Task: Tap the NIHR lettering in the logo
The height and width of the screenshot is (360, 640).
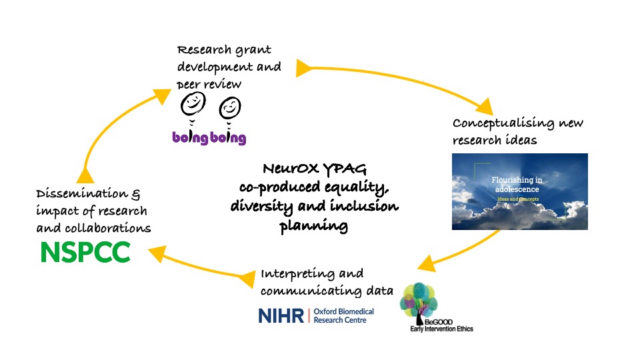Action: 281,315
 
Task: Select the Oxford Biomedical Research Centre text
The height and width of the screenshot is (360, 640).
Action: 343,315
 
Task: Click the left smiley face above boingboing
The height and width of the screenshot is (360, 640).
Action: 193,103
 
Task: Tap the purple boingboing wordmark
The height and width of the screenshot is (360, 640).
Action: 209,138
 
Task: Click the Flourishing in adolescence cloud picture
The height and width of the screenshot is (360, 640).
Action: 519,191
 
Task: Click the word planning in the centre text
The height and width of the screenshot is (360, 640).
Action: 313,226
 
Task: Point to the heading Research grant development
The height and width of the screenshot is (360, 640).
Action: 225,51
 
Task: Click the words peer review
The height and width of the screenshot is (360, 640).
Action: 209,84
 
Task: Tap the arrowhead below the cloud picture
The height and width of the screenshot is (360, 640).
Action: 426,262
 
